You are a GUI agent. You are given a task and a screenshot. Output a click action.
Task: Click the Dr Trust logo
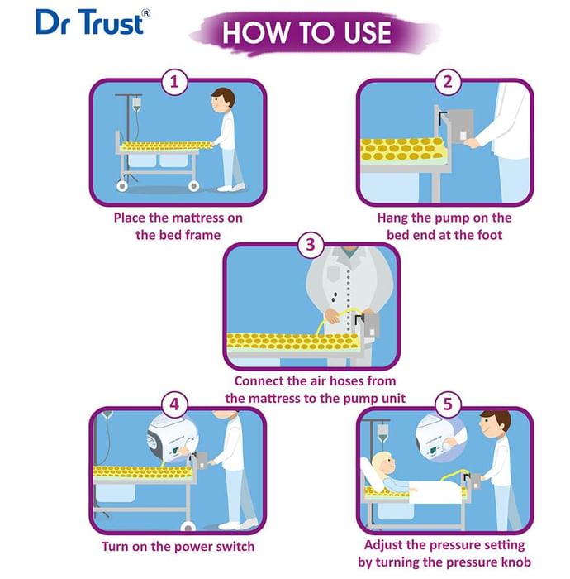93,22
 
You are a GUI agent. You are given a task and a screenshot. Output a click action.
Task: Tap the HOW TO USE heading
306,32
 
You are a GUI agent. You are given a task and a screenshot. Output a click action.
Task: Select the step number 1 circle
174,82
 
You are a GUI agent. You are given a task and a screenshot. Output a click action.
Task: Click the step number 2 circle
448,82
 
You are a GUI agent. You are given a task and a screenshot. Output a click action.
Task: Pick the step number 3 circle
311,245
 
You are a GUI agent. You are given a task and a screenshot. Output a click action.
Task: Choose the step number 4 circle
174,404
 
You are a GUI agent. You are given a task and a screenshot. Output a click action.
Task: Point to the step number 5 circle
448,404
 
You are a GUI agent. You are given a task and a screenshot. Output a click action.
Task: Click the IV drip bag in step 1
136,103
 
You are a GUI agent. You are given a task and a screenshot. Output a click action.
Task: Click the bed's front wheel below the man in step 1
193,186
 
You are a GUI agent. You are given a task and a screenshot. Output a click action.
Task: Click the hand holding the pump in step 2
472,142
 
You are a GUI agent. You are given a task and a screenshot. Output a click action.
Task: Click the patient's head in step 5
382,463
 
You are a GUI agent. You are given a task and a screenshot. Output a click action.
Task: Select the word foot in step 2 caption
487,235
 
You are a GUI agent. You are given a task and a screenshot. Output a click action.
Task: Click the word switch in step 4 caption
235,546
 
